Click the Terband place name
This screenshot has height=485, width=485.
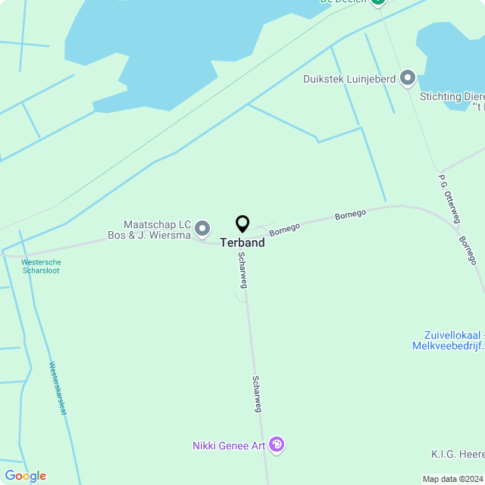point(242,243)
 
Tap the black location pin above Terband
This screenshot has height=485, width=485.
point(242,224)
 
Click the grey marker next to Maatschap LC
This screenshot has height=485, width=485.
point(202,228)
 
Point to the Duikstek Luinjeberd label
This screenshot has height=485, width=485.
point(349,78)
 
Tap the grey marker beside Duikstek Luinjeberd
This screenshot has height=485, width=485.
point(408,77)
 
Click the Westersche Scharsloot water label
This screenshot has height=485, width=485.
point(41,266)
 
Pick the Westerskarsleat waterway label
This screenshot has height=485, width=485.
point(58,388)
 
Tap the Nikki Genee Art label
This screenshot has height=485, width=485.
point(228,446)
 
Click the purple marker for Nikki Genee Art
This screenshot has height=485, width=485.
point(277,445)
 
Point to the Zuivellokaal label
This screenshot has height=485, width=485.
point(453,336)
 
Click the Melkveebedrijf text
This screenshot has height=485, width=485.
point(448,346)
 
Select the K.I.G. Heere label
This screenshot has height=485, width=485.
point(458,454)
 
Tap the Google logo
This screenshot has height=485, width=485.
point(25,476)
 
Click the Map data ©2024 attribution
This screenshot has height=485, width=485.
point(452,479)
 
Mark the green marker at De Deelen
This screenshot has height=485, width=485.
point(378,2)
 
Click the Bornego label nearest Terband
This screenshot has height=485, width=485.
point(285,228)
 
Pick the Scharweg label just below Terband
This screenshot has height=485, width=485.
point(242,270)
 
